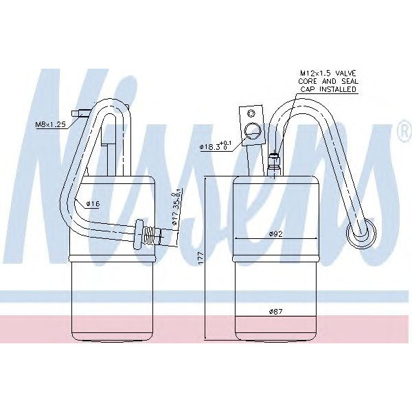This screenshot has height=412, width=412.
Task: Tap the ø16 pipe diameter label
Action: (x=93, y=204)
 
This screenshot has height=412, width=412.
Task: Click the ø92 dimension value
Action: (x=275, y=233)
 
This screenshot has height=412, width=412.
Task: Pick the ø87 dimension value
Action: (x=275, y=312)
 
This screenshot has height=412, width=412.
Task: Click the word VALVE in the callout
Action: (x=344, y=73)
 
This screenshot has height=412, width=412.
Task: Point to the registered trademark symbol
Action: (x=403, y=133)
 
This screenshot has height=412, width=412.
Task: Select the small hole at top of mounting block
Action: (x=252, y=112)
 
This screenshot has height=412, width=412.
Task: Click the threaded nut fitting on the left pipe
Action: (x=146, y=233)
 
